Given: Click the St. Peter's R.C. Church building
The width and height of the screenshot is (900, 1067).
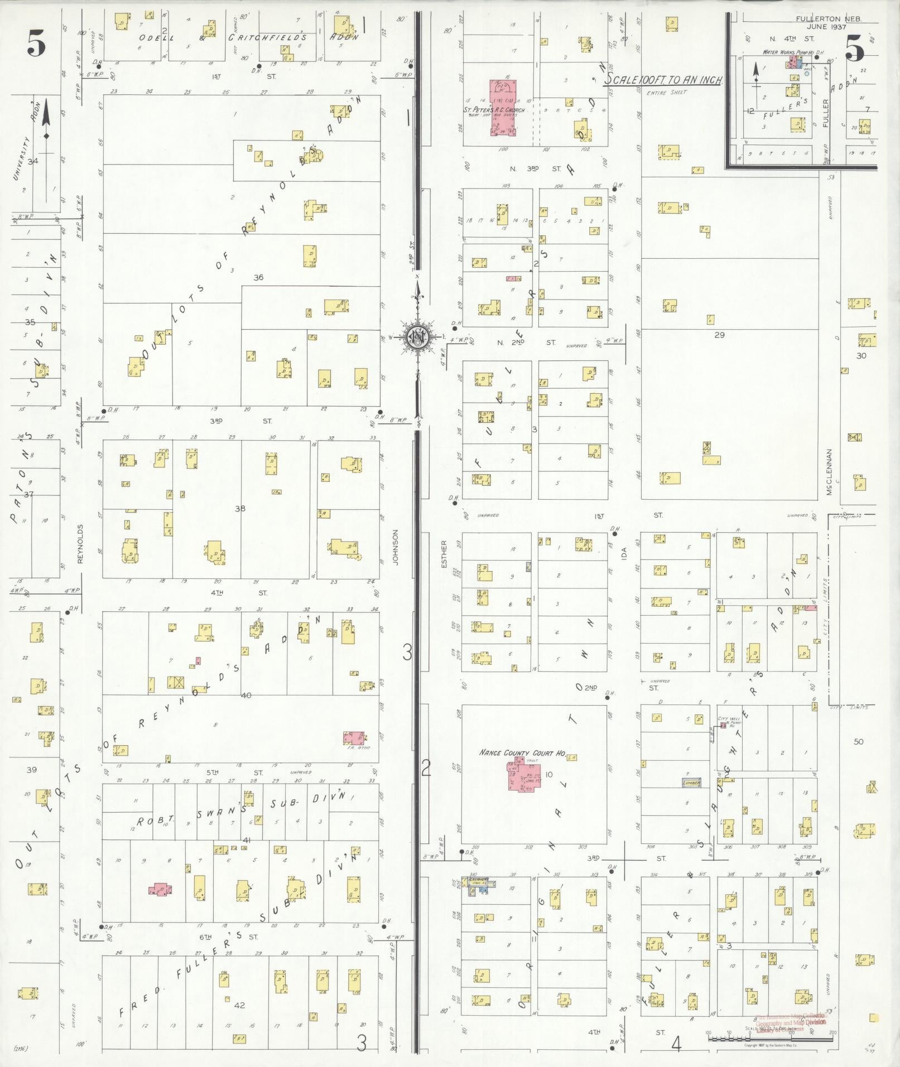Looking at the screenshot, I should point(503,108).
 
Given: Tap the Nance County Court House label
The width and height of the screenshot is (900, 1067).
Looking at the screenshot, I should point(522,752).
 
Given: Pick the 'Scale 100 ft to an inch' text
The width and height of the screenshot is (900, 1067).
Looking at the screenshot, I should point(664,80).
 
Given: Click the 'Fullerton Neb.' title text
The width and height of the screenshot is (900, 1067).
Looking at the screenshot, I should point(829,18).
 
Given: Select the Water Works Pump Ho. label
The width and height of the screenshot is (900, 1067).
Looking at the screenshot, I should point(788,52).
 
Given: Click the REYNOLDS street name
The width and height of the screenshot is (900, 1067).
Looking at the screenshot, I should point(80,543).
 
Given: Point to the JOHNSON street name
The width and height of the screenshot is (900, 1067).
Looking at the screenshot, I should point(396,547).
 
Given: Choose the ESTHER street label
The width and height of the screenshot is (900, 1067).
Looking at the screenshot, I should point(444,554).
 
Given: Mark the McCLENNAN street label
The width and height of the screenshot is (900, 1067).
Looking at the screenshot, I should point(830,472).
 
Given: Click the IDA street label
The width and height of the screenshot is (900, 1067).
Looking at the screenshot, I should point(624,553).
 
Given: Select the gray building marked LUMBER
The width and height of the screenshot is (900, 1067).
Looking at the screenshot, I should point(691,783).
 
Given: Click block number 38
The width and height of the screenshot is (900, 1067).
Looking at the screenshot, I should point(240,508).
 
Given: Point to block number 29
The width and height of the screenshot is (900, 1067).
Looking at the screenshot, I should point(719,334).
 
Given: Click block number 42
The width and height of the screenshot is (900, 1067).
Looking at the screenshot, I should point(239,1005).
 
